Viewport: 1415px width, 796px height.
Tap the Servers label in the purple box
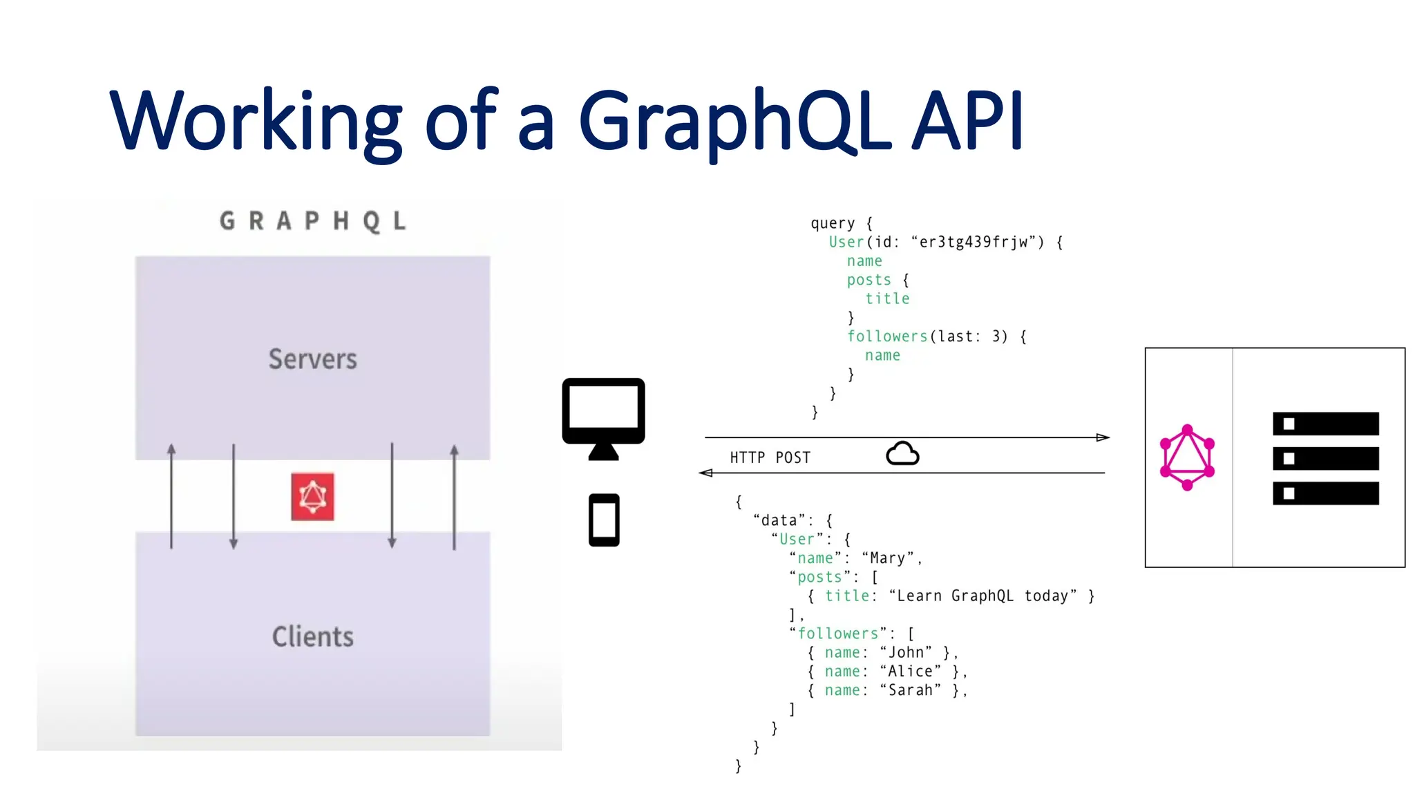pyautogui.click(x=312, y=359)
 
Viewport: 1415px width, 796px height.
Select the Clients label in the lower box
pyautogui.click(x=312, y=636)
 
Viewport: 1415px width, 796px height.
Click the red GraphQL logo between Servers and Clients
pyautogui.click(x=312, y=496)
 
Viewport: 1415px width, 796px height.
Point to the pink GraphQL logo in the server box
pyautogui.click(x=1187, y=457)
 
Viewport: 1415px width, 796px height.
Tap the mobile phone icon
pyautogui.click(x=604, y=520)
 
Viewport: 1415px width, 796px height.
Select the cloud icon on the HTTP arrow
pyautogui.click(x=902, y=454)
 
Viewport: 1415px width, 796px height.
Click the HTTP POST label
pyautogui.click(x=770, y=457)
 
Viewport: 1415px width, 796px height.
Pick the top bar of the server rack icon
pyautogui.click(x=1325, y=424)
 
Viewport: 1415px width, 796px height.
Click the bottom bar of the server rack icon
pyautogui.click(x=1325, y=493)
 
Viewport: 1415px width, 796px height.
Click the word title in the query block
pyautogui.click(x=887, y=298)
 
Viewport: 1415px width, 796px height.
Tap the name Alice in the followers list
pyautogui.click(x=910, y=672)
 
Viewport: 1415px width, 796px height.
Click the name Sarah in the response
pyautogui.click(x=910, y=690)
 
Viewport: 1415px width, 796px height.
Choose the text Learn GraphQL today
pyautogui.click(x=982, y=596)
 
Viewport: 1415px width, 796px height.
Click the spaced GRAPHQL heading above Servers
pyautogui.click(x=312, y=221)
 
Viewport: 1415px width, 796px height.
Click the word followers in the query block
pyautogui.click(x=887, y=337)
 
